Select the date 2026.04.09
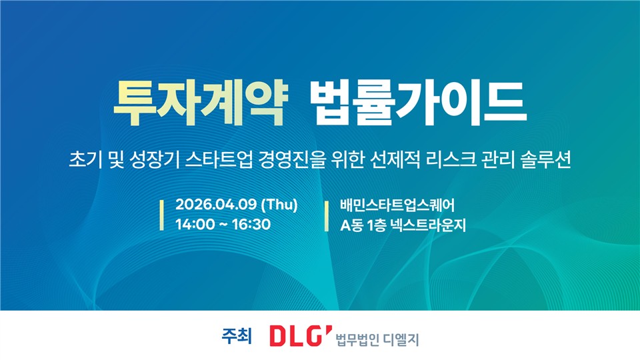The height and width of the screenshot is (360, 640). tap(216, 204)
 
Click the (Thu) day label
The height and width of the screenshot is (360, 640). tap(279, 205)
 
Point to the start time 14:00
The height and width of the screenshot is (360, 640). tap(195, 224)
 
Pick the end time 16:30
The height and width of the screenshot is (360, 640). tap(251, 224)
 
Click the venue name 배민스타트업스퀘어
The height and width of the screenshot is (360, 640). tap(397, 205)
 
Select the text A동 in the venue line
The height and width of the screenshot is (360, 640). tap(351, 225)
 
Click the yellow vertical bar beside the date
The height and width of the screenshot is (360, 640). tap(161, 215)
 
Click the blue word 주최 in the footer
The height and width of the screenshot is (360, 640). tap(237, 336)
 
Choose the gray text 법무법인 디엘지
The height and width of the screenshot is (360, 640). tap(377, 339)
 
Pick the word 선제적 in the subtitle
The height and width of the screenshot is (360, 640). tap(395, 159)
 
